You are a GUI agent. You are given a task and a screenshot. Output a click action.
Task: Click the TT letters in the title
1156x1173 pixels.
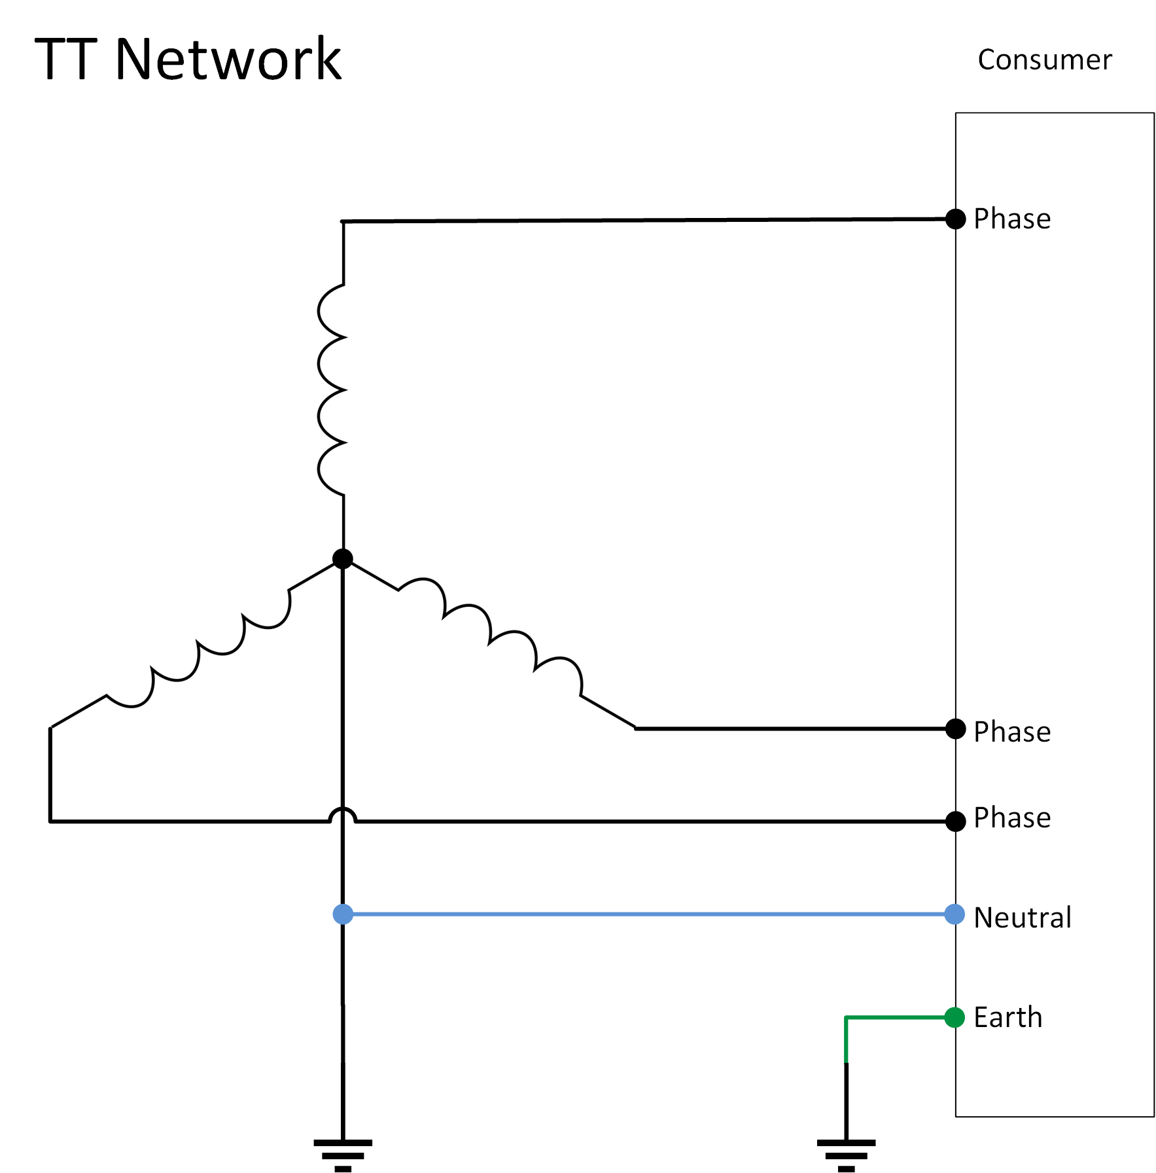click(x=66, y=60)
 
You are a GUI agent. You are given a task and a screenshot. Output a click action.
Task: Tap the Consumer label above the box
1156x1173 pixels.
click(x=1044, y=60)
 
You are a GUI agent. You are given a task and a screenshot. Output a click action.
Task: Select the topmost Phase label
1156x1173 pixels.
click(x=1011, y=219)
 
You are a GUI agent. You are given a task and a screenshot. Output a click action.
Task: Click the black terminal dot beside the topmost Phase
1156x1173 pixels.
click(x=955, y=219)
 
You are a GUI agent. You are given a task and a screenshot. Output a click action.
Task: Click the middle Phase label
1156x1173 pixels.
click(x=1011, y=732)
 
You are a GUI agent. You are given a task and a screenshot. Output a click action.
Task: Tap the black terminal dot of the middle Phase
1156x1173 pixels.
click(x=955, y=729)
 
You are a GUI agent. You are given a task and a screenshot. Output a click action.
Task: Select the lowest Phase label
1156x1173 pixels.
click(x=1011, y=818)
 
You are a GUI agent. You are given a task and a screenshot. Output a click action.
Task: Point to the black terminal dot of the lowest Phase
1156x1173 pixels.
click(x=955, y=821)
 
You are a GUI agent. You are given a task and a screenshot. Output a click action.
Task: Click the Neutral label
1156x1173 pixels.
click(x=1022, y=918)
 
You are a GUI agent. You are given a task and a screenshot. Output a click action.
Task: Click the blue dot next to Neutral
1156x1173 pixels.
click(x=955, y=914)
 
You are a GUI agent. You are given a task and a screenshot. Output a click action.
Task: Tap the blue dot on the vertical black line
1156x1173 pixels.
click(x=343, y=914)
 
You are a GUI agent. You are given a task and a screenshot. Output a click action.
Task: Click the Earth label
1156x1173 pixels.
click(x=1007, y=1018)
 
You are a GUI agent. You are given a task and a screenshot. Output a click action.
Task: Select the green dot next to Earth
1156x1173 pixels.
click(x=955, y=1018)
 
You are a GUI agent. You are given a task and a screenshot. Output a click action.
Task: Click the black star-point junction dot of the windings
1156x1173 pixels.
click(x=343, y=559)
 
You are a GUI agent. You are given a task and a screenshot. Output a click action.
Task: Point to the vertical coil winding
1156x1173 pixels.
click(x=332, y=390)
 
